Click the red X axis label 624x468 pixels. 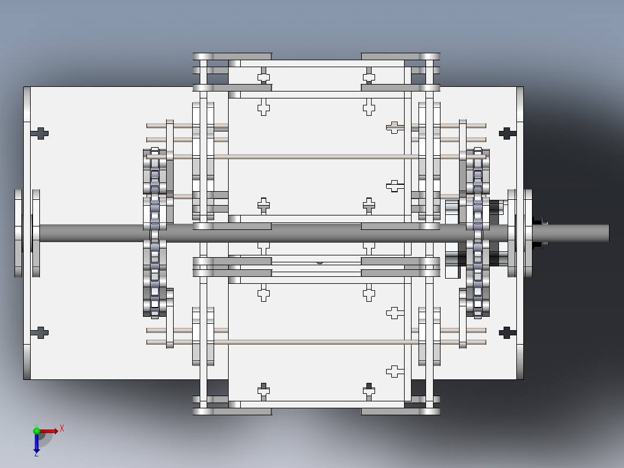pos(61,429)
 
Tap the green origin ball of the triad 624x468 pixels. pos(36,431)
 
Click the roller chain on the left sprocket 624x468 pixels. pos(155,232)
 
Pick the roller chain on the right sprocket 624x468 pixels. pos(478,232)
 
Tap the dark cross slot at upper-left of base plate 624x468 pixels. pos(40,133)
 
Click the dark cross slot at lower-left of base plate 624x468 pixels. pos(40,332)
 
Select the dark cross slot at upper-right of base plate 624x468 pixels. pos(507,133)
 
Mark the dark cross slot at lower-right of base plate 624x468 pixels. pos(507,332)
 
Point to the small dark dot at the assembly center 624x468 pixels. pos(320,262)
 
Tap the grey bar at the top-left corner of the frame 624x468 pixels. pos(232,56)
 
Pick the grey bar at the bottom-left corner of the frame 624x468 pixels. pos(232,411)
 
